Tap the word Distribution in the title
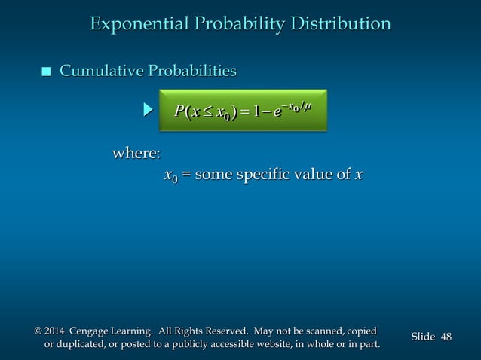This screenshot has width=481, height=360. pos(340,24)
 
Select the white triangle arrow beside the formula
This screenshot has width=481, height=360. pos(149,111)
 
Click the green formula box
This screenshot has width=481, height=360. pos(244,111)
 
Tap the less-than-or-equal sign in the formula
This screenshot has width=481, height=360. pos(207,113)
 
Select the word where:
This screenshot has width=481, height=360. pos(136,154)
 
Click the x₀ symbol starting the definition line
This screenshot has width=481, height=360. pos(170,175)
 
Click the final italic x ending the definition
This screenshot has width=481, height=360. pos(358,175)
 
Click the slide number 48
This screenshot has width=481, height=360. pos(446,337)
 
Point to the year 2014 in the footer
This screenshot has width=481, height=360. pos(54,331)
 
